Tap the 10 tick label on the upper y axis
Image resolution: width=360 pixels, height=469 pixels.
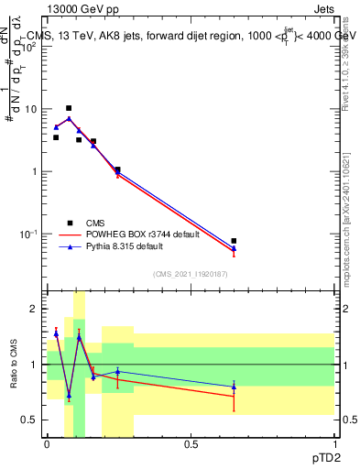[x=30, y=109]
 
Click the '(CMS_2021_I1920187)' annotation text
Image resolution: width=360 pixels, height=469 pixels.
[x=190, y=274]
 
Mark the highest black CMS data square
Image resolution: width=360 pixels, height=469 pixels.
[x=69, y=108]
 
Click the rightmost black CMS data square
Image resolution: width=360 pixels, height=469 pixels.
[x=234, y=241]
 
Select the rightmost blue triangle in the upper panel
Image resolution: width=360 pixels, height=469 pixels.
[x=234, y=247]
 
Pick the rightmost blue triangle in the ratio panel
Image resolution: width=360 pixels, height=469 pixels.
[x=234, y=387]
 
